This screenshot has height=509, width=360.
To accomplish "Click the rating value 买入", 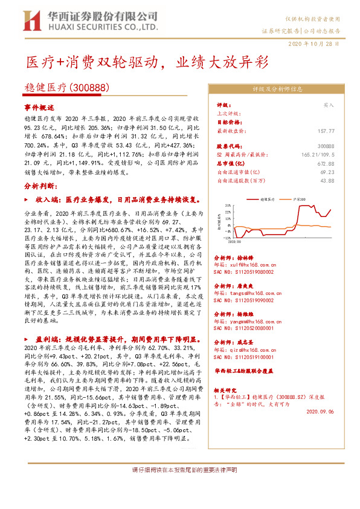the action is tap(329, 105).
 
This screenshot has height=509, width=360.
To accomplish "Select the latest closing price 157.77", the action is tap(326, 130).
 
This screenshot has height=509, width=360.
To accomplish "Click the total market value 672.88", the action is tap(326, 163).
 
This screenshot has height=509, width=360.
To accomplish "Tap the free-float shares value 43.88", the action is tap(328, 180).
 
